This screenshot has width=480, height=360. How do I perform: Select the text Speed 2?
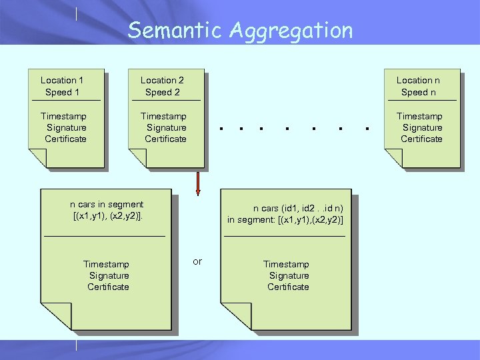pos(163,93)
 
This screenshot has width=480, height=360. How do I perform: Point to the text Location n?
pos(419,81)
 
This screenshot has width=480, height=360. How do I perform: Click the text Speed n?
pos(419,93)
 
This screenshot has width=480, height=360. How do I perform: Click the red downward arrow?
pos(197,183)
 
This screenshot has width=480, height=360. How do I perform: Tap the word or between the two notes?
pos(197,261)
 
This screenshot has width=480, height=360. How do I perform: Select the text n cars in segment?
pos(107,205)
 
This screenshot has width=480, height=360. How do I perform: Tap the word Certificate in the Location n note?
pos(421,139)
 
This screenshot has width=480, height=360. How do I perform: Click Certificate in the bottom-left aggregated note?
pos(109,287)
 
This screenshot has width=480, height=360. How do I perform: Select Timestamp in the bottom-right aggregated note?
pos(287,264)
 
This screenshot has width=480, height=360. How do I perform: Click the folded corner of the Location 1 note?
pos(37,158)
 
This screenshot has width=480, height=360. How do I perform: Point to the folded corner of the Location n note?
pos(393,158)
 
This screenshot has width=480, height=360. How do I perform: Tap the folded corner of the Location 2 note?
pos(137,158)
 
